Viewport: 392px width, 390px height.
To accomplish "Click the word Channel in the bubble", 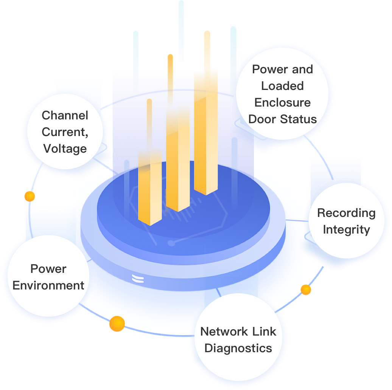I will tap(65, 115).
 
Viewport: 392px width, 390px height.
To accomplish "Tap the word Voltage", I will tap(65, 149).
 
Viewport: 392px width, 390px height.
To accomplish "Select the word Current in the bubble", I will tap(62, 132).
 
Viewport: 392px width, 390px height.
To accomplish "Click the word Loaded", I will tap(282, 86).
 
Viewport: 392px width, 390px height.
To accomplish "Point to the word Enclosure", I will tap(282, 103).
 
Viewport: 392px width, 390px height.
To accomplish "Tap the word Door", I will tap(262, 119).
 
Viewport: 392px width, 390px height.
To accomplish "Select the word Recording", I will tap(346, 213).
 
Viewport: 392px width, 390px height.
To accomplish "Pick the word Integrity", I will tap(346, 230).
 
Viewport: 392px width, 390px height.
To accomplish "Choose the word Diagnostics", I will tap(238, 348).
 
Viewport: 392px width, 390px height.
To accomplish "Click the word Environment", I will tap(48, 286).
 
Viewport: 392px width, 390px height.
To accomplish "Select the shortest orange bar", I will tap(150, 185).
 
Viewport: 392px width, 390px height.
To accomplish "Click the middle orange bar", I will tap(178, 159).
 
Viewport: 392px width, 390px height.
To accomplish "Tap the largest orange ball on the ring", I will tap(117, 324).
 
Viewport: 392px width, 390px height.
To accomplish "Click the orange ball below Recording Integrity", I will tap(306, 290).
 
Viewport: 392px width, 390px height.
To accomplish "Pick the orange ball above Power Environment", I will tap(30, 196).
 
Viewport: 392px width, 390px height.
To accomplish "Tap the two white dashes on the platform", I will tap(138, 279).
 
